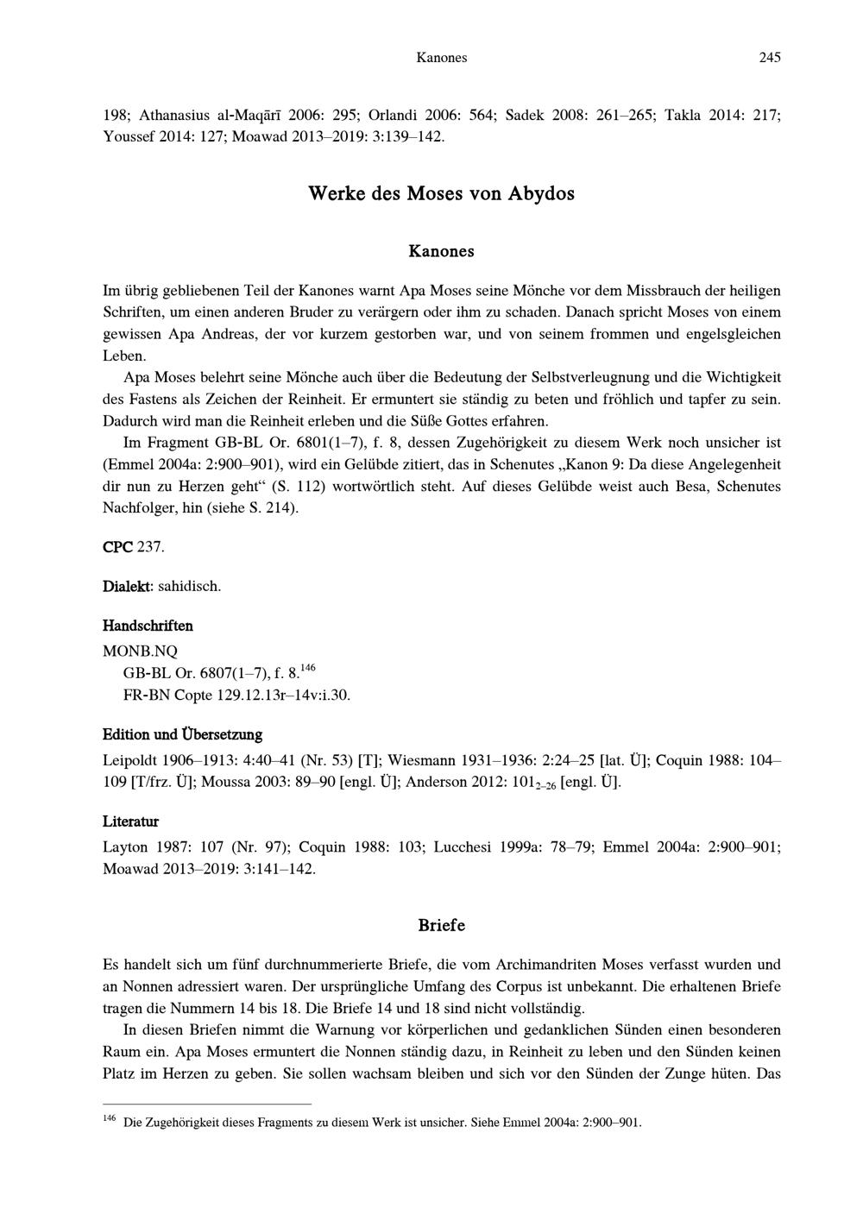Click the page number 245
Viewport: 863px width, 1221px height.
(770, 58)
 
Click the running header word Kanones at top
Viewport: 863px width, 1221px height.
(441, 58)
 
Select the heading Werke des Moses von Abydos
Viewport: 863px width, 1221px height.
(441, 193)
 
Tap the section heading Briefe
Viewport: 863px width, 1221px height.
(441, 925)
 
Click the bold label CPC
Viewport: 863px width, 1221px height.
(118, 548)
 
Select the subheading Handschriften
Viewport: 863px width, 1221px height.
(148, 626)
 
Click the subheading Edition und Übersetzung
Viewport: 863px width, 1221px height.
(182, 735)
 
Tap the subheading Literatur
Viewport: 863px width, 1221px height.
(130, 821)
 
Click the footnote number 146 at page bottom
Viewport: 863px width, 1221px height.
(110, 1119)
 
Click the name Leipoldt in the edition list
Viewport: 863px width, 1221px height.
(131, 760)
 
